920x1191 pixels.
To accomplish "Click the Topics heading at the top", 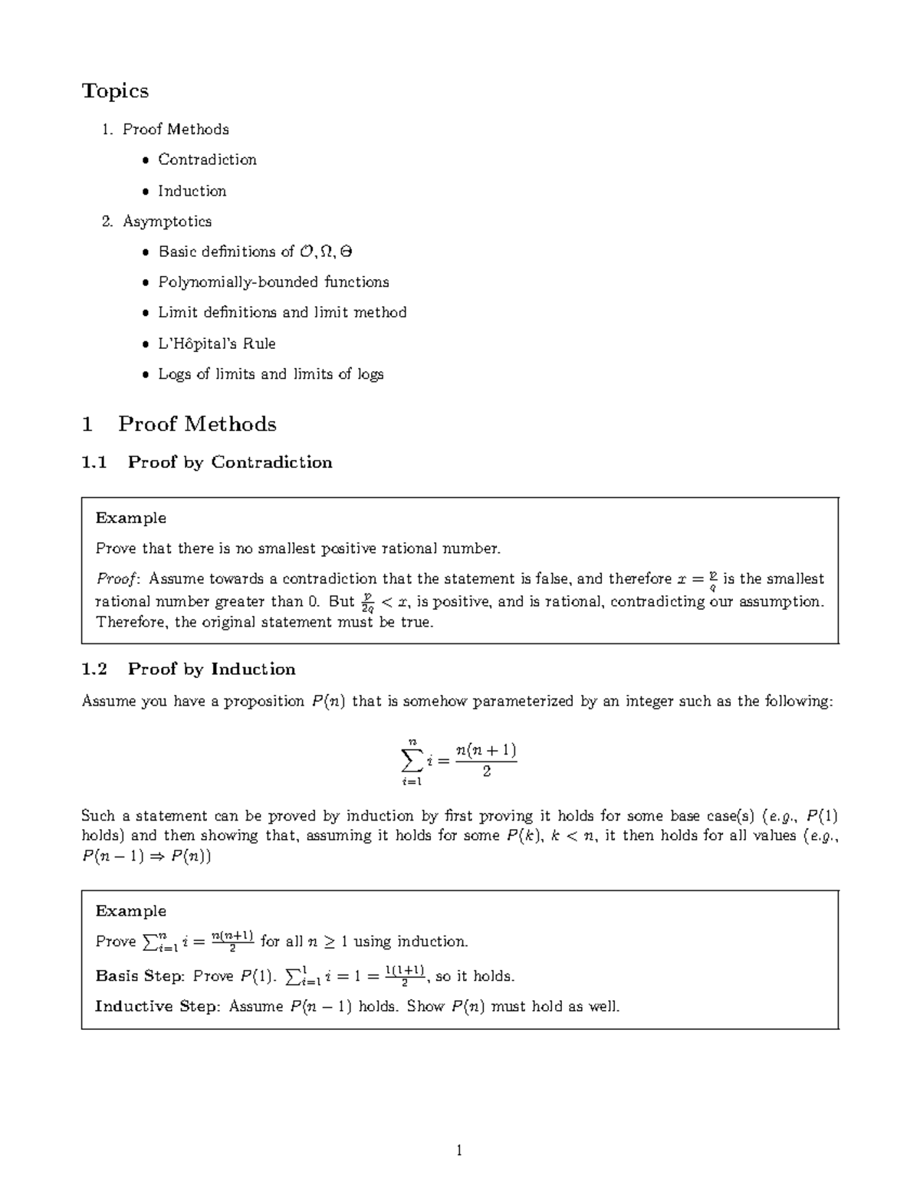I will tap(115, 91).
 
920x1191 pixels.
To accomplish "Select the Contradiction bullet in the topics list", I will tap(207, 160).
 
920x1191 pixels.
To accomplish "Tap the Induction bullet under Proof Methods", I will tap(192, 191).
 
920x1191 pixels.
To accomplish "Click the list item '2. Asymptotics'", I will tap(157, 222).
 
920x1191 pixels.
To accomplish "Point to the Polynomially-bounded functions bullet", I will tap(273, 282).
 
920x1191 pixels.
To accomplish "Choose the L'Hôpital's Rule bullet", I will tap(216, 344).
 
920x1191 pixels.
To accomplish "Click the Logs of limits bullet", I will tap(270, 374).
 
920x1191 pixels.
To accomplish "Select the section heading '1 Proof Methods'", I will tap(179, 424).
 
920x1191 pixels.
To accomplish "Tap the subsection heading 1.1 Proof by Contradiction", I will tap(207, 462).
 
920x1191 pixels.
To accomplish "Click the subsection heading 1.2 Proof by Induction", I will tap(189, 670).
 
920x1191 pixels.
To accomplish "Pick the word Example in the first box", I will tap(131, 518).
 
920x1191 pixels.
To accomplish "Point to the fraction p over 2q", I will tap(367, 602).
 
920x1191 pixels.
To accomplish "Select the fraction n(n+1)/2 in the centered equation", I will tap(485, 760).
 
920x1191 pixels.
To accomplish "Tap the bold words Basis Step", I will tap(139, 976).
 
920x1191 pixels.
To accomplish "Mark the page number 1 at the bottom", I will tap(459, 1150).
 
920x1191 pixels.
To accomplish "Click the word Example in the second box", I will tap(131, 911).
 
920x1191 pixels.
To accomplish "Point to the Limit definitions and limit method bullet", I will tap(282, 313).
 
